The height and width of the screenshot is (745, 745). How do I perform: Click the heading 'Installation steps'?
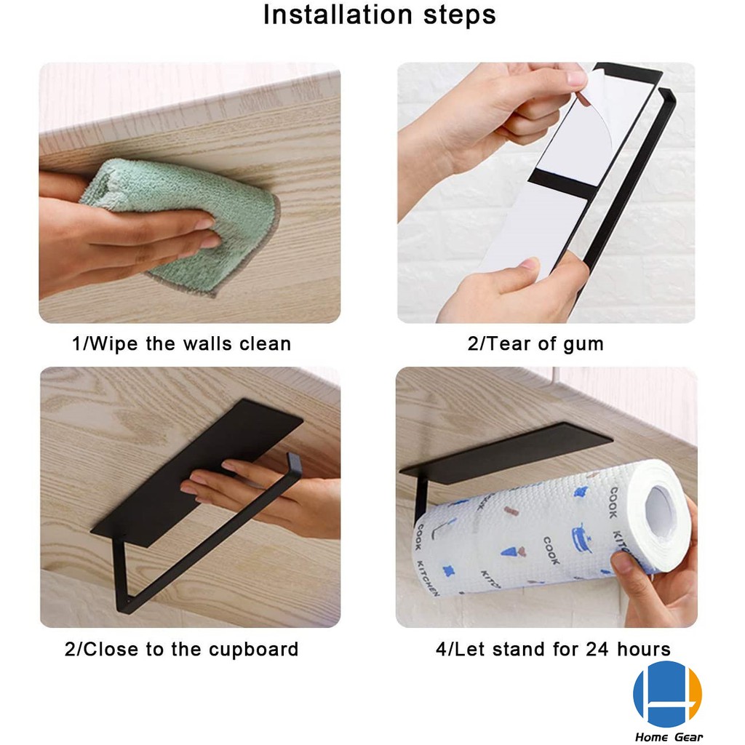[x=379, y=15]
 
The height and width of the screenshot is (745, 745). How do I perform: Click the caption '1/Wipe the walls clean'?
[x=181, y=343]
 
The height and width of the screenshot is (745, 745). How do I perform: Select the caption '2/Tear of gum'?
[x=535, y=344]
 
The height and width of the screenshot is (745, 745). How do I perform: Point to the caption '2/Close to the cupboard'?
[x=181, y=649]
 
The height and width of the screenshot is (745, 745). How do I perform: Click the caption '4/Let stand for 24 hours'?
[x=553, y=649]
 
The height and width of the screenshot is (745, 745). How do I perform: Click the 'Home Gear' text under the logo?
[x=669, y=737]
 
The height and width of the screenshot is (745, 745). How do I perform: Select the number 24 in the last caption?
[x=597, y=649]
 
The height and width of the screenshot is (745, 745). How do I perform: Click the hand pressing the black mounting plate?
[x=266, y=496]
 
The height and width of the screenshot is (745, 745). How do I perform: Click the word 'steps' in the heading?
[x=460, y=16]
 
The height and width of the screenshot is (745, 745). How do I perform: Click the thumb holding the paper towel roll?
[x=627, y=567]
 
